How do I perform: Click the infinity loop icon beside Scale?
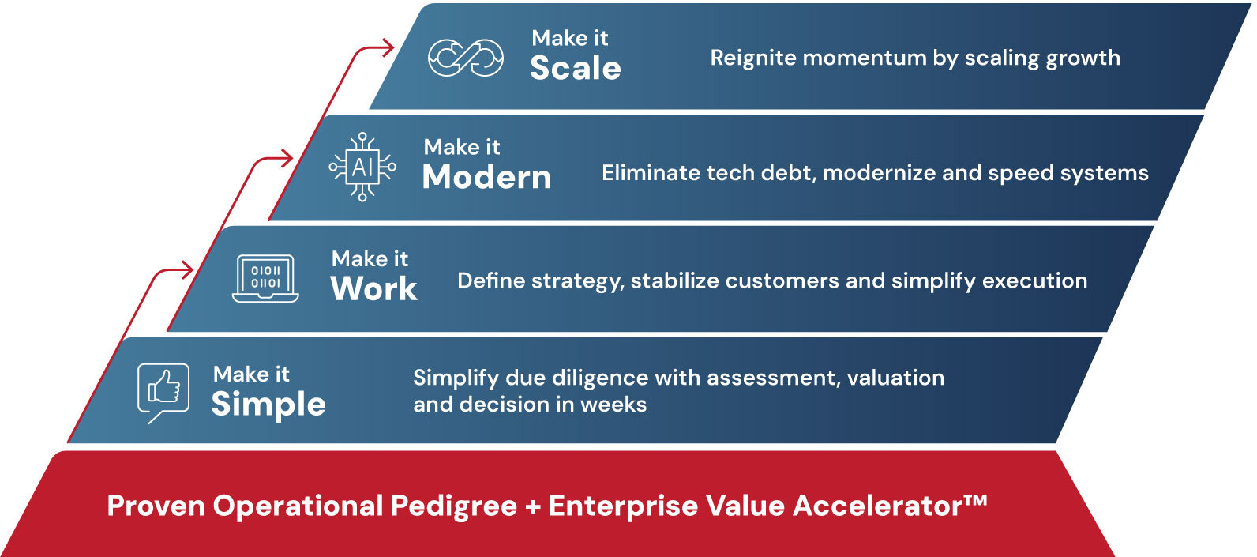pos(465,57)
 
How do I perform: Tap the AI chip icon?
pos(362,167)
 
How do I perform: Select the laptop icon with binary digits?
pos(265,278)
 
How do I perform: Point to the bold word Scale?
pos(576,69)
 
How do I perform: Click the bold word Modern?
pos(486,178)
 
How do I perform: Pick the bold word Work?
pos(373,289)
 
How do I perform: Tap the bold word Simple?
pos(268,405)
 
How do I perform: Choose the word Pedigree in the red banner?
pos(454,506)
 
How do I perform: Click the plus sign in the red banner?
pos(533,506)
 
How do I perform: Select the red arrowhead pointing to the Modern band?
pos(287,158)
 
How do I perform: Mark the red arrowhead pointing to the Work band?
pos(186,270)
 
